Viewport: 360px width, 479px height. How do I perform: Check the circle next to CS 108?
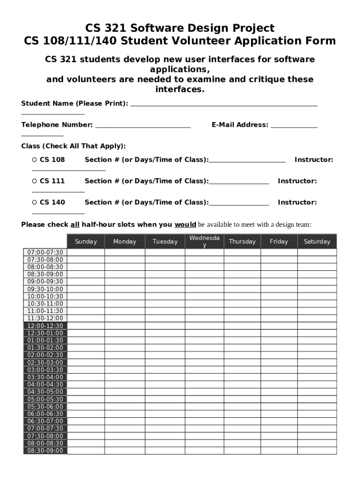pos(34,160)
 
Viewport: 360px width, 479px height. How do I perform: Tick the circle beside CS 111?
pos(34,181)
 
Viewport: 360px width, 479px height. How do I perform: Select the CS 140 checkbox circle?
pos(34,203)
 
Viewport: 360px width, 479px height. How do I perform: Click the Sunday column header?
pos(86,241)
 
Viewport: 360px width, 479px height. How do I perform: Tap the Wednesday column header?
pos(204,241)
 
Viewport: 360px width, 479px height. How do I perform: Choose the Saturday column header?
pos(317,241)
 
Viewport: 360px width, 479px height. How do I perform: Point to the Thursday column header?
pos(242,241)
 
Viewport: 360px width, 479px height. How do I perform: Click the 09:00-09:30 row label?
pos(45,282)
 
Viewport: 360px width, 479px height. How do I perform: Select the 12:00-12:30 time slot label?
pos(45,326)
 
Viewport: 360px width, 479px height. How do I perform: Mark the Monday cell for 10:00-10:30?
pos(125,297)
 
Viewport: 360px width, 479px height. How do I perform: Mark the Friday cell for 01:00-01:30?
pos(279,341)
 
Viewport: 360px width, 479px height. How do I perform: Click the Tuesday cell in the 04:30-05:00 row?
pos(165,392)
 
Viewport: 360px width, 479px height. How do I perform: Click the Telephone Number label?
pos(57,125)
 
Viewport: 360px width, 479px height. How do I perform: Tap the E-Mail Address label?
pos(240,125)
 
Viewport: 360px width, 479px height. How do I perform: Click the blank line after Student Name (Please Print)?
pos(224,104)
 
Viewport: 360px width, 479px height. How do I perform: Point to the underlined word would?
pos(185,225)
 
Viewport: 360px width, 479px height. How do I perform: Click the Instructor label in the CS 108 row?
pos(314,160)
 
